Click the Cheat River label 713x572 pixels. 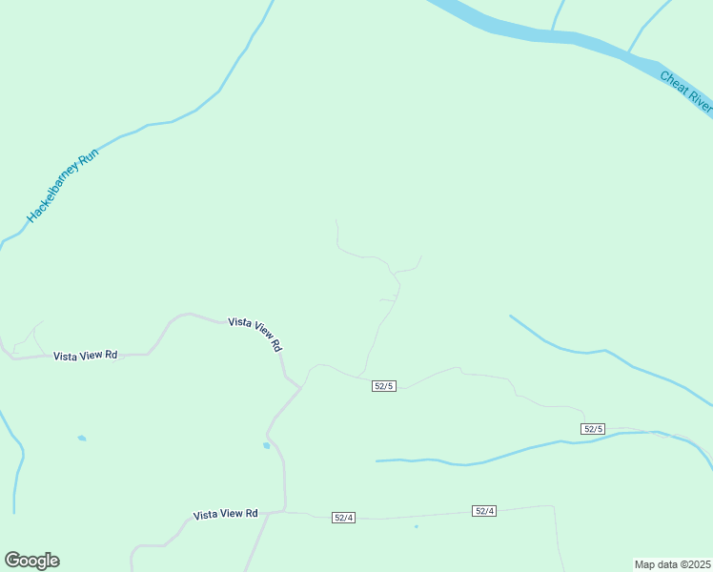point(685,91)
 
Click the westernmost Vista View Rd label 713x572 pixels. point(85,356)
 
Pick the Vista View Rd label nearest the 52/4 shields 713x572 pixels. point(225,514)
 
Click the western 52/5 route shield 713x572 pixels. point(384,385)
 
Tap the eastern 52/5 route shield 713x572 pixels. point(593,429)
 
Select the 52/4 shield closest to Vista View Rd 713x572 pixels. point(343,517)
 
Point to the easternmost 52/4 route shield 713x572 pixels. point(484,511)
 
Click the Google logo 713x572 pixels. point(31,561)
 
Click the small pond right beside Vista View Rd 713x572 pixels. point(266,445)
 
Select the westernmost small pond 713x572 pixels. point(81,439)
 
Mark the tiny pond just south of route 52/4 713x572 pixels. point(416,526)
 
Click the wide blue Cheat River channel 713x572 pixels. point(534,34)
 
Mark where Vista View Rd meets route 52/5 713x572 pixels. point(301,387)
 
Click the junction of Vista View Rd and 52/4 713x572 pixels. point(284,512)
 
